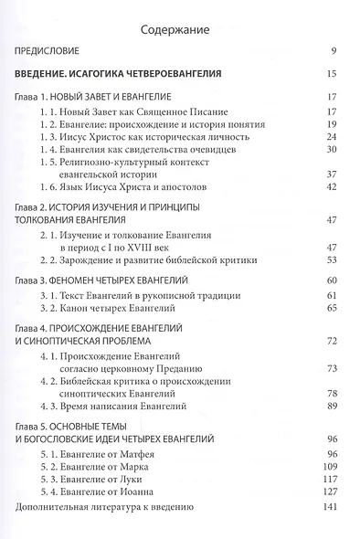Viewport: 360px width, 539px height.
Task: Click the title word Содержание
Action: point(179,29)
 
